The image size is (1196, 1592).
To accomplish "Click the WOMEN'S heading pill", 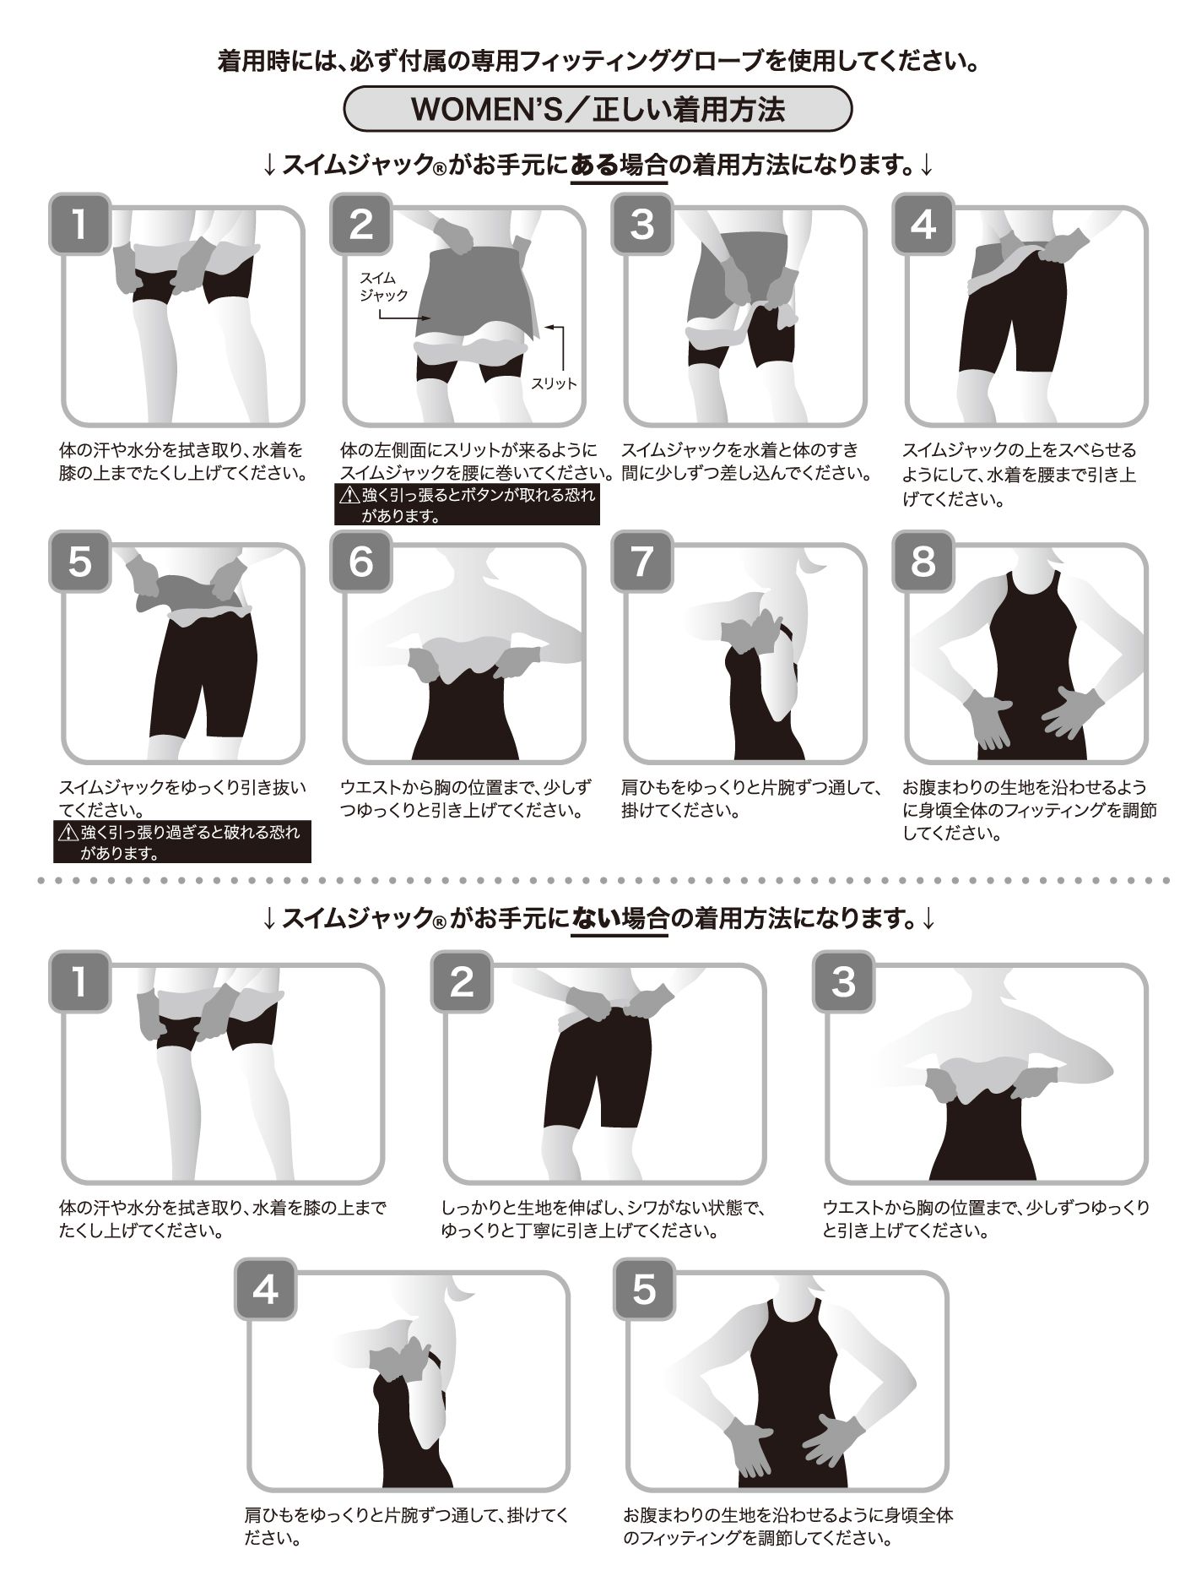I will (x=598, y=110).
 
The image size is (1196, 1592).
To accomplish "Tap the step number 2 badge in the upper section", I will (x=360, y=225).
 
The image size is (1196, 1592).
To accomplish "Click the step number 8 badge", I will (x=923, y=561).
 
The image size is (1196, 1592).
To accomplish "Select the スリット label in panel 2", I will (x=554, y=383).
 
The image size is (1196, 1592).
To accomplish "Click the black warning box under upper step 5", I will (x=182, y=842).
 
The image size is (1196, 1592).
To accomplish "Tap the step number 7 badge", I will (x=642, y=561).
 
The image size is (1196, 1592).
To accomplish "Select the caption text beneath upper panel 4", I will (x=1020, y=475).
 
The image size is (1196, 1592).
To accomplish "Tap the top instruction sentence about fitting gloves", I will (x=598, y=62).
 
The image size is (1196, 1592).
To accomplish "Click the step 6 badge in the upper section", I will (x=360, y=561).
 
